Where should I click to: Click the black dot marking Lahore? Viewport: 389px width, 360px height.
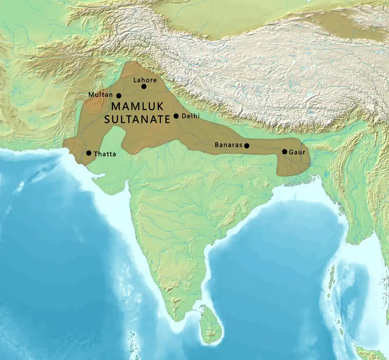[x=144, y=86]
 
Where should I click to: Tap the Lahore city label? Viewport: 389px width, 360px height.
[x=145, y=80]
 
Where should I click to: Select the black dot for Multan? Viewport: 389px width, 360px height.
[x=119, y=96]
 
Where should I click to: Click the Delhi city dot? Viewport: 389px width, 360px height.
[x=176, y=116]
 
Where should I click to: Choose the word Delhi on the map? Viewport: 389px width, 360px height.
[x=190, y=116]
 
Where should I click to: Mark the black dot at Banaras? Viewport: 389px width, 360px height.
[x=247, y=145]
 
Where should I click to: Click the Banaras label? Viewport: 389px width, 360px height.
[x=229, y=145]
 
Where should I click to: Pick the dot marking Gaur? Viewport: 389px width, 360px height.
[x=285, y=152]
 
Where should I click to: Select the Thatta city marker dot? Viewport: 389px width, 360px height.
[x=89, y=153]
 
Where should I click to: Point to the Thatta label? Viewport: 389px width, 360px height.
[x=105, y=154]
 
